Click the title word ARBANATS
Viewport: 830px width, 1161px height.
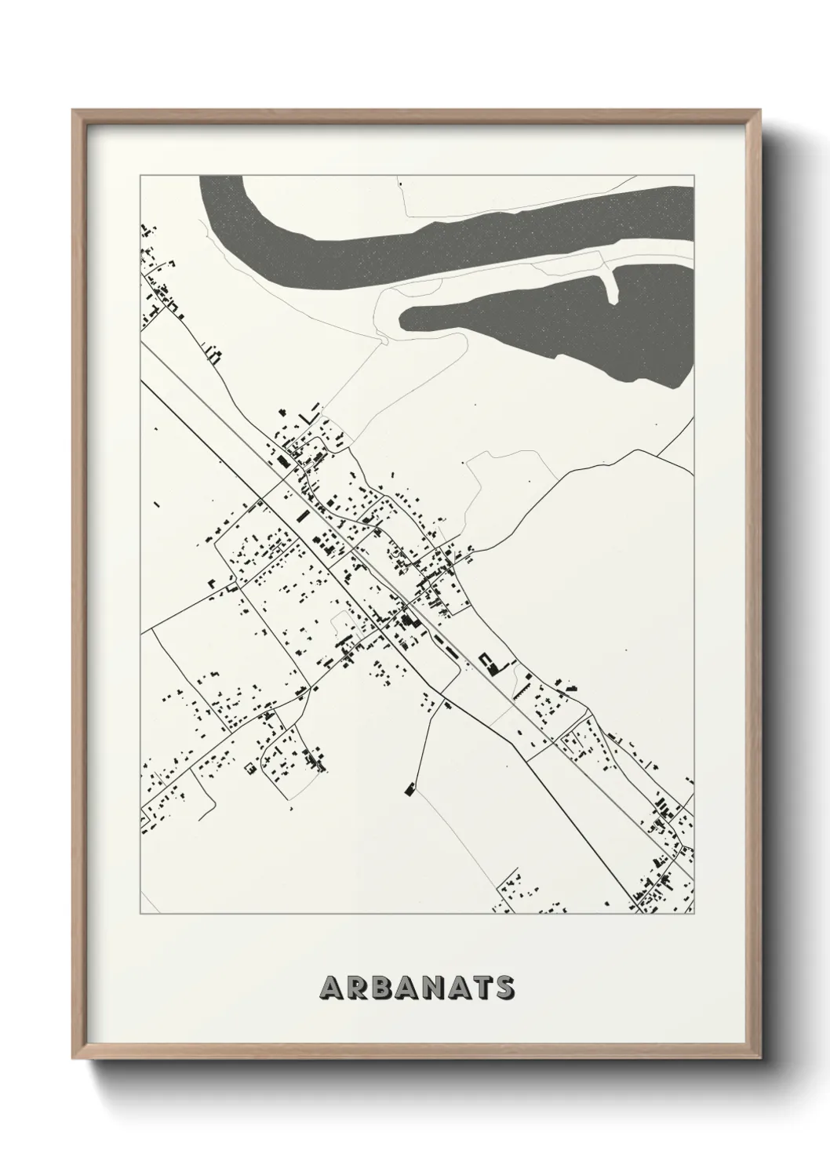click(416, 988)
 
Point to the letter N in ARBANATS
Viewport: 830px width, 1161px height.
click(444, 988)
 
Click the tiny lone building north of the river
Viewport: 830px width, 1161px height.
click(400, 184)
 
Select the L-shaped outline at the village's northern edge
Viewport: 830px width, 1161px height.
click(315, 410)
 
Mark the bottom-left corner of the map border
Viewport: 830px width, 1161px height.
click(140, 914)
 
